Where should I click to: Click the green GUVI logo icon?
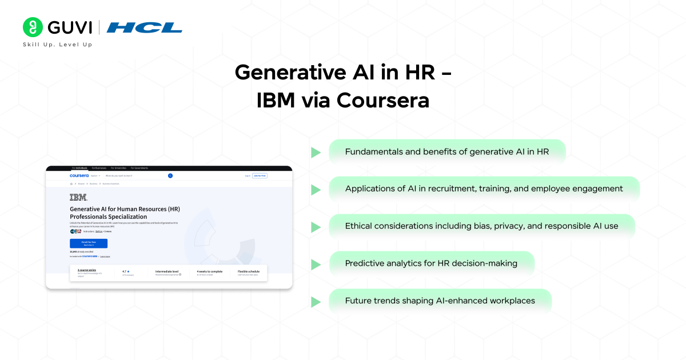(33, 27)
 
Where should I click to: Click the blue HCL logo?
(145, 27)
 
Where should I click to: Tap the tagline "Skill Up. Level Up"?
(57, 45)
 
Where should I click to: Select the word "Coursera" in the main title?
(382, 100)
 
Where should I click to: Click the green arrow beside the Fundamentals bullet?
(316, 153)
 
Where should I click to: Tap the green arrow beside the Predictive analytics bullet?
(316, 264)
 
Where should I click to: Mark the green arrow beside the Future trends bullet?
(316, 301)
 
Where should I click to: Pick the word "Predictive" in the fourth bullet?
(366, 263)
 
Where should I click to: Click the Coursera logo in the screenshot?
(79, 175)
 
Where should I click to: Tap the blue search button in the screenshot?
(170, 175)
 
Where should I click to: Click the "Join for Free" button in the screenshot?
(260, 175)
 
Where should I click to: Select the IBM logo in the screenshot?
(78, 198)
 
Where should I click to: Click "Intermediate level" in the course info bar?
(167, 271)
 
